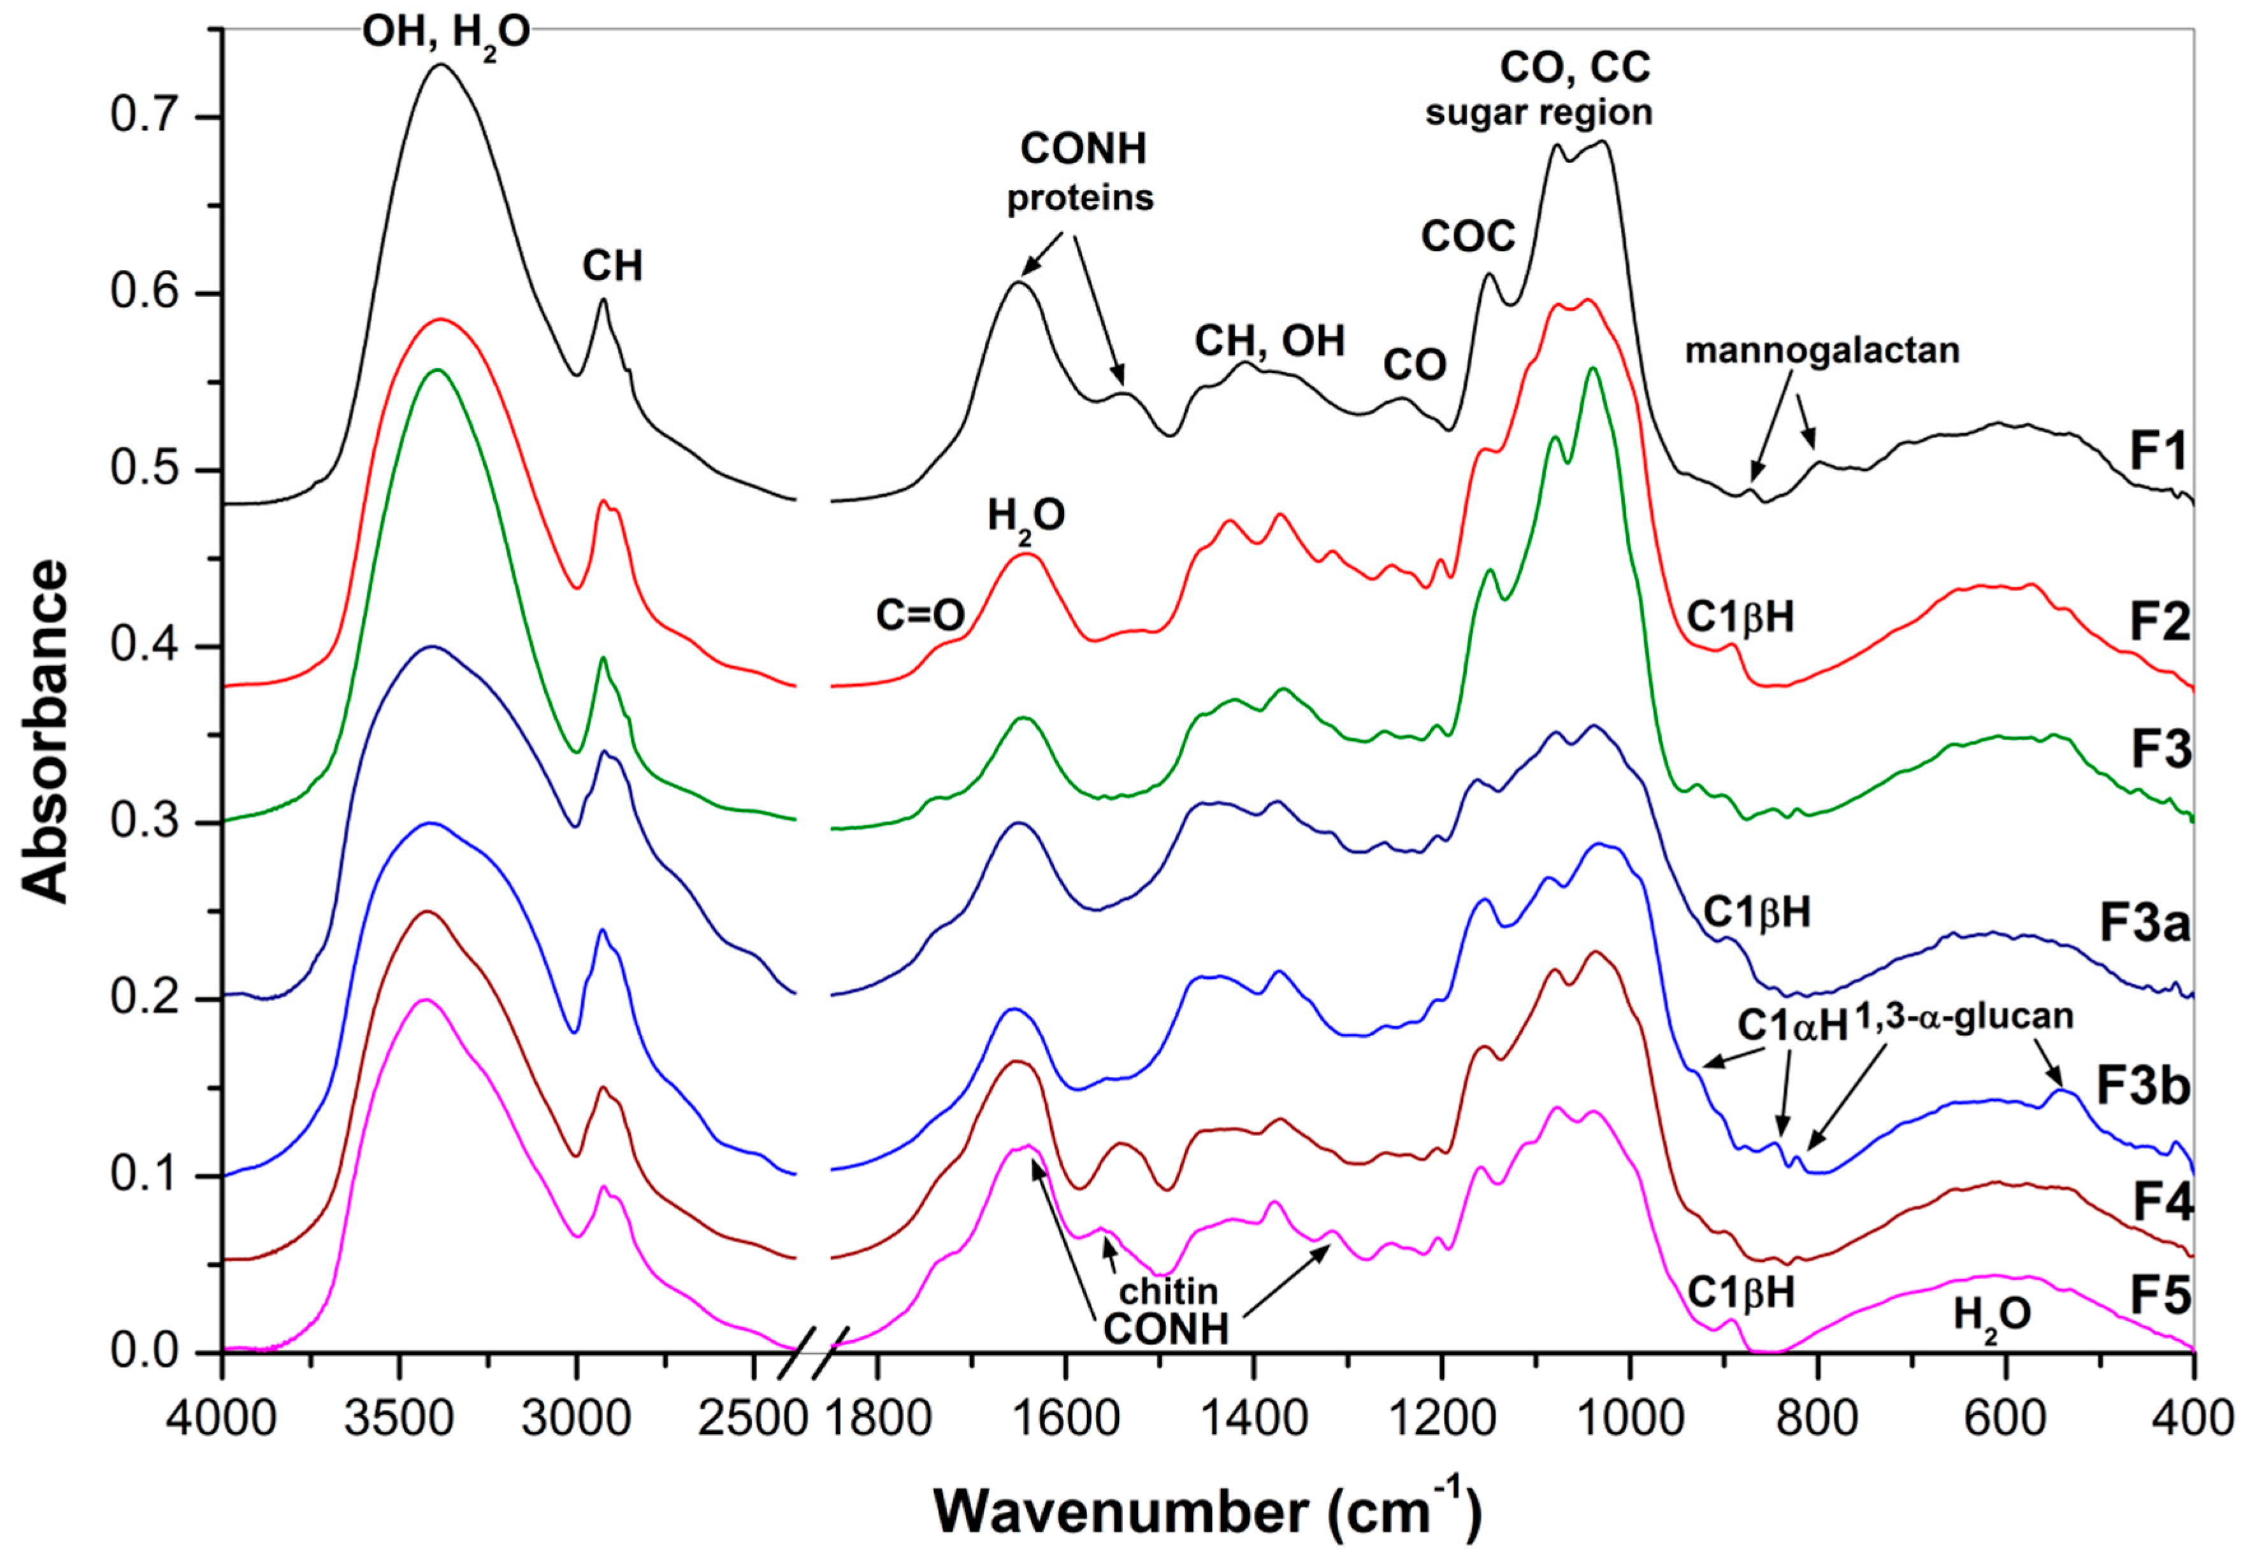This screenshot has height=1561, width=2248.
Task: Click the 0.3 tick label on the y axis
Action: [140, 823]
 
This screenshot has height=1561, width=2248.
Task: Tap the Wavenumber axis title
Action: [1207, 1510]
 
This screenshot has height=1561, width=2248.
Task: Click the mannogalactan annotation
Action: [1822, 350]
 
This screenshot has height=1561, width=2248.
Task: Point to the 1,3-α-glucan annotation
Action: [1963, 1016]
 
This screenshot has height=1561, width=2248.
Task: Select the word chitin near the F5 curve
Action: [1169, 1291]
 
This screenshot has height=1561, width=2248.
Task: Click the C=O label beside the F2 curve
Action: [919, 615]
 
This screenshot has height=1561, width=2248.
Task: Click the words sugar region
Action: [1538, 113]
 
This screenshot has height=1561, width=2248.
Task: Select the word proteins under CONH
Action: [1081, 199]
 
